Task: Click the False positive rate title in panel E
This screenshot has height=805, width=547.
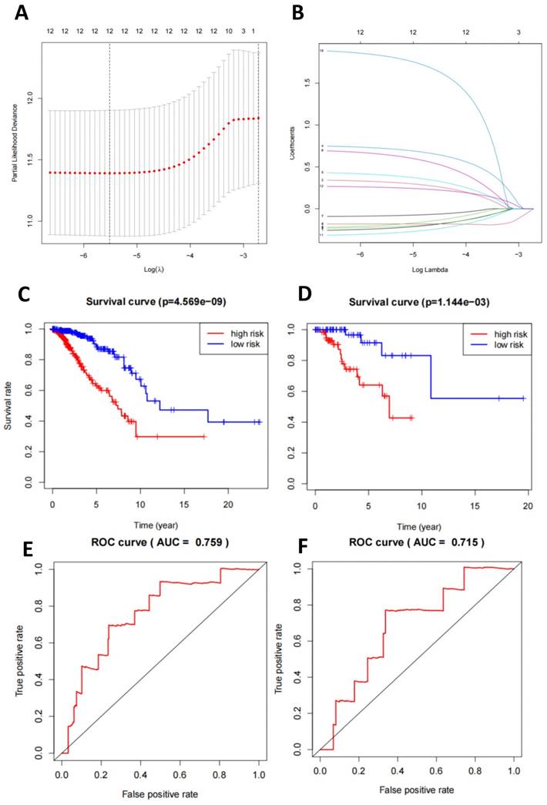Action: [156, 793]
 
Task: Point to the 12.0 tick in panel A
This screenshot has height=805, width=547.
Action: [29, 99]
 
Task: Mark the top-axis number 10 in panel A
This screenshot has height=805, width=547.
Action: [229, 32]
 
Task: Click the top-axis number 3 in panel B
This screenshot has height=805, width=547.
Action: [518, 33]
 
